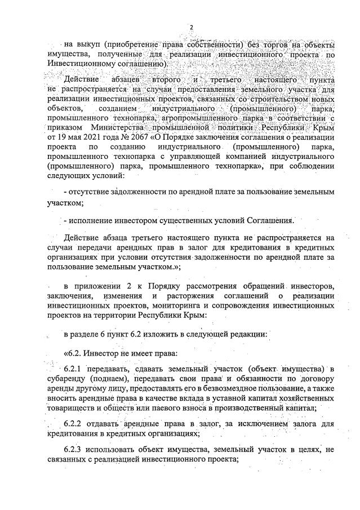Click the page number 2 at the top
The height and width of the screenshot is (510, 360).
click(x=191, y=27)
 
